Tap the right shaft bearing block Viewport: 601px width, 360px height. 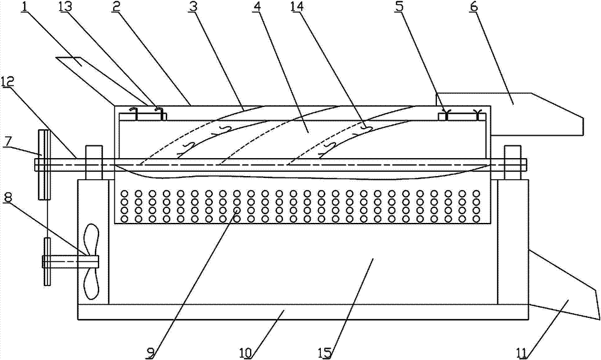pyautogui.click(x=511, y=162)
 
